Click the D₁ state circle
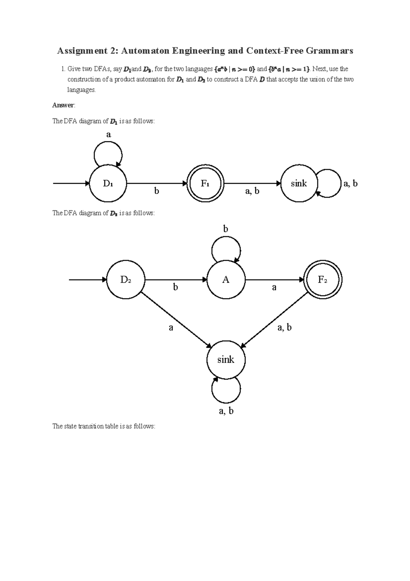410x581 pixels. [108, 184]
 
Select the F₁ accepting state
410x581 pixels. [205, 184]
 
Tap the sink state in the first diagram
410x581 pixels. [299, 184]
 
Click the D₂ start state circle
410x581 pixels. [126, 280]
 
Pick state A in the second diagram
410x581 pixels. [226, 280]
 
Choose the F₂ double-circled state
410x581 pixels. [323, 280]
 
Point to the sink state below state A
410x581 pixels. [226, 360]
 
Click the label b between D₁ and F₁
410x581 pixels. [156, 191]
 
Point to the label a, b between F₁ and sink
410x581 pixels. [252, 191]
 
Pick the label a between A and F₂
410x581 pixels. [274, 287]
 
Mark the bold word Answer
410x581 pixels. [63, 105]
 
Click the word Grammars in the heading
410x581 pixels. [329, 51]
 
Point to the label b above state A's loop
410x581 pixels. [225, 229]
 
